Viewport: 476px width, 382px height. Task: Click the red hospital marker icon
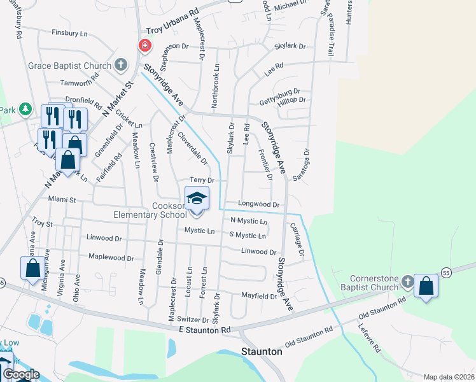(145, 45)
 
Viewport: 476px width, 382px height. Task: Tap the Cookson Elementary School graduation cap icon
(197, 199)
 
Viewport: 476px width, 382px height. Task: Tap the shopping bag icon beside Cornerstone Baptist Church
(426, 286)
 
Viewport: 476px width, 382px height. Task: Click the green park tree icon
(25, 110)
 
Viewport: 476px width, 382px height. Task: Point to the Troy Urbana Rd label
(172, 25)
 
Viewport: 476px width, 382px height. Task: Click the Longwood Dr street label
(259, 204)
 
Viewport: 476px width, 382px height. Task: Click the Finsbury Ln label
(69, 32)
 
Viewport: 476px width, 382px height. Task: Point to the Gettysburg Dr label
(279, 92)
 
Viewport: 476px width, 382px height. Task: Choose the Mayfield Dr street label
(259, 296)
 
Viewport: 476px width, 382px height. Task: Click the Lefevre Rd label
(368, 340)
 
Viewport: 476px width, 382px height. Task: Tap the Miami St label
(62, 199)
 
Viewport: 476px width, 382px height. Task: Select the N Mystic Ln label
(249, 221)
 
